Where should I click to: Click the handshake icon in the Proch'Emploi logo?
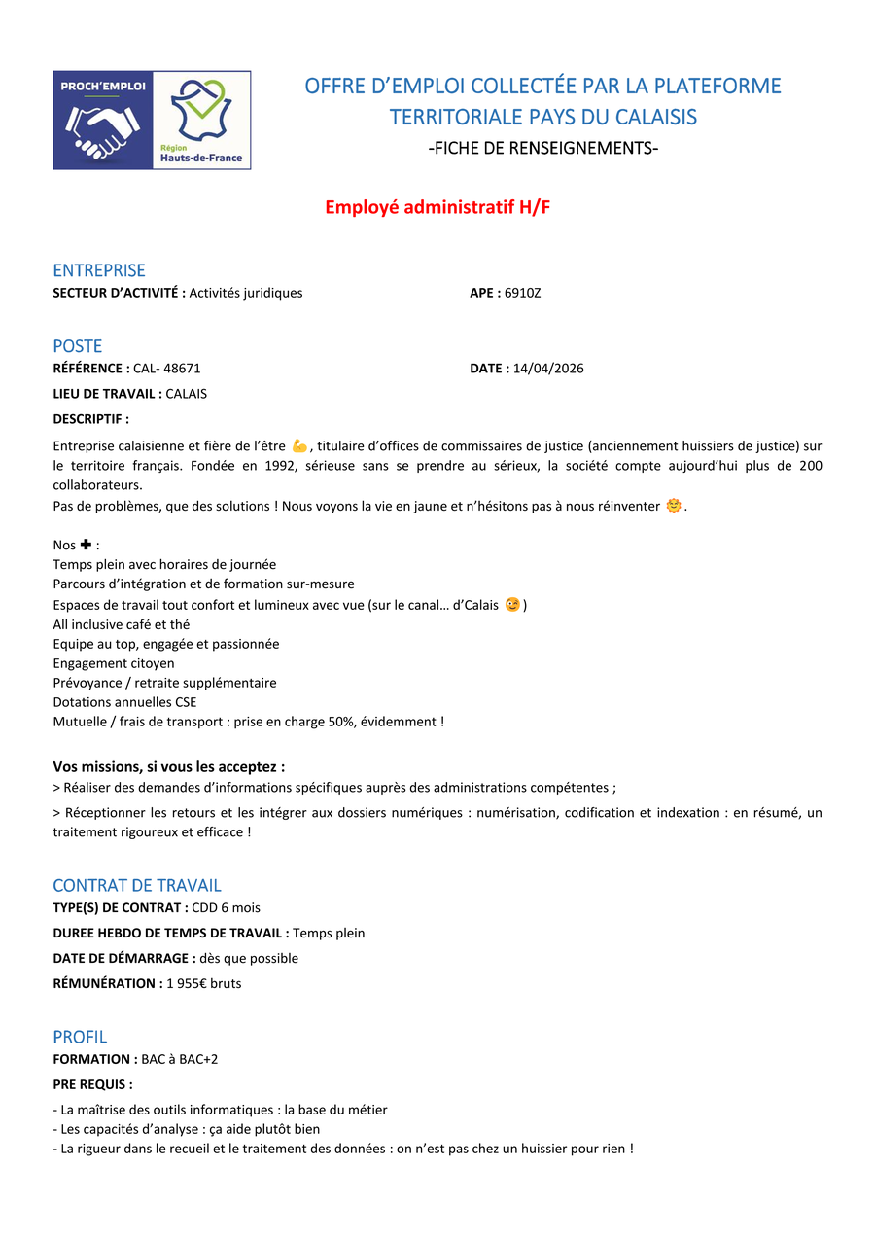[102, 131]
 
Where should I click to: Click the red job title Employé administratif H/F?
[437, 207]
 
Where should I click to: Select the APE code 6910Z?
[522, 293]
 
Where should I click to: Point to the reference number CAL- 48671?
[166, 369]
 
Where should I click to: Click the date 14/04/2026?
[548, 369]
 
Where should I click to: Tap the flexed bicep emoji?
[299, 445]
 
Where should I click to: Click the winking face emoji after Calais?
[512, 605]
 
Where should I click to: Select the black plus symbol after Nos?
[86, 545]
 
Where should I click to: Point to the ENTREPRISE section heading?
[99, 270]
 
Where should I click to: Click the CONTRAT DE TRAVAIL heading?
[137, 885]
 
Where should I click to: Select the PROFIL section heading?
[80, 1037]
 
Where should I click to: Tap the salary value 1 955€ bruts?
[204, 983]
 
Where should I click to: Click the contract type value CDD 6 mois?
[226, 907]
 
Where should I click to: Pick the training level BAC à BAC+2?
[180, 1059]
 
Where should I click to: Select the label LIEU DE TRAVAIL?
[107, 394]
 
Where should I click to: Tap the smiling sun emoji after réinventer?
[673, 506]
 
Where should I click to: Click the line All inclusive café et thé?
[122, 624]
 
